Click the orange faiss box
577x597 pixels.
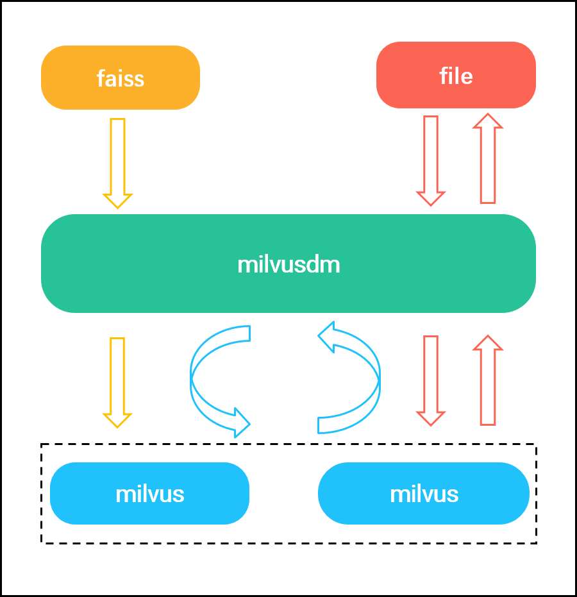coord(121,78)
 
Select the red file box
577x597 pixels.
coord(456,75)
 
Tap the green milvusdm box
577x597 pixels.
coord(288,264)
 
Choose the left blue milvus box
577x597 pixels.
coord(149,493)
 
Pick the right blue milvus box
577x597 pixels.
coord(424,493)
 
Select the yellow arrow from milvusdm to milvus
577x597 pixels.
coord(117,382)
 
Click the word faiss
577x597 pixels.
coord(121,79)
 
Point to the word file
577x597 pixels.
coord(456,76)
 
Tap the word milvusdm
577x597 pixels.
coord(288,264)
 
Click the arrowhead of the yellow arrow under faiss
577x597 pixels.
coord(117,200)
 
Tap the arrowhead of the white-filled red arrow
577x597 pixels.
coord(488,344)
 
